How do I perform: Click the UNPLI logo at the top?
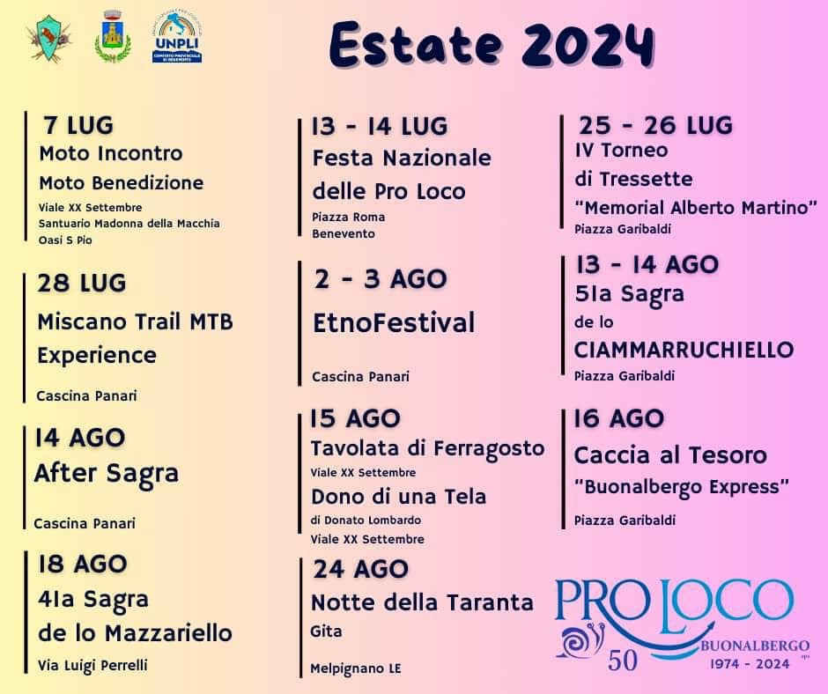pos(177,38)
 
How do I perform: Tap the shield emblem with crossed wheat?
pos(49,38)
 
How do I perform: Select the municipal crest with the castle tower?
pos(113,36)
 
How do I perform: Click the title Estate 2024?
pos(492,44)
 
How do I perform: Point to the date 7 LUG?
pos(78,126)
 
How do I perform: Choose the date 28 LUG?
pos(81,283)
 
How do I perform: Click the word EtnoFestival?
pos(394,322)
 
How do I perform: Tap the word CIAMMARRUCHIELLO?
pos(684,350)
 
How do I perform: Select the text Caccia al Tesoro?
pos(670,455)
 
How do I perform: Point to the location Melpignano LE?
pos(355,668)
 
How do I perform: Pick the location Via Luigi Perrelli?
pos(92,666)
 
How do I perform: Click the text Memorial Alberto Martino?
pos(696,207)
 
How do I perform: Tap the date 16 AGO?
pos(619,418)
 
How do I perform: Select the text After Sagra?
pos(106,474)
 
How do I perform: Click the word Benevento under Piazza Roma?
pos(344,233)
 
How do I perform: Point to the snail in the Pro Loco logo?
pos(580,640)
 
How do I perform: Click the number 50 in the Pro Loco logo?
pos(623,661)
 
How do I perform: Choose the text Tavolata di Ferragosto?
pos(428,449)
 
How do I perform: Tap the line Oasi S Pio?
pos(65,240)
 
